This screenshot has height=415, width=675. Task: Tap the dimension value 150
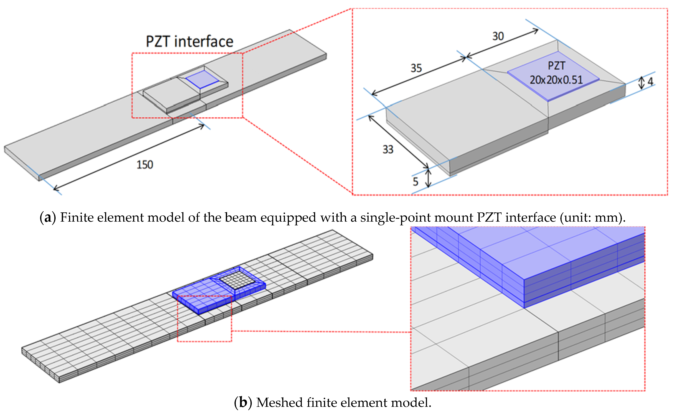(145, 165)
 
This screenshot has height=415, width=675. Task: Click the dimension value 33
(388, 150)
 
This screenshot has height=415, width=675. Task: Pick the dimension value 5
(415, 182)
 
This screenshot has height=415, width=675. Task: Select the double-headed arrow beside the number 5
(429, 178)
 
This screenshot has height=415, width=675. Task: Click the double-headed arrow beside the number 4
(641, 82)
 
